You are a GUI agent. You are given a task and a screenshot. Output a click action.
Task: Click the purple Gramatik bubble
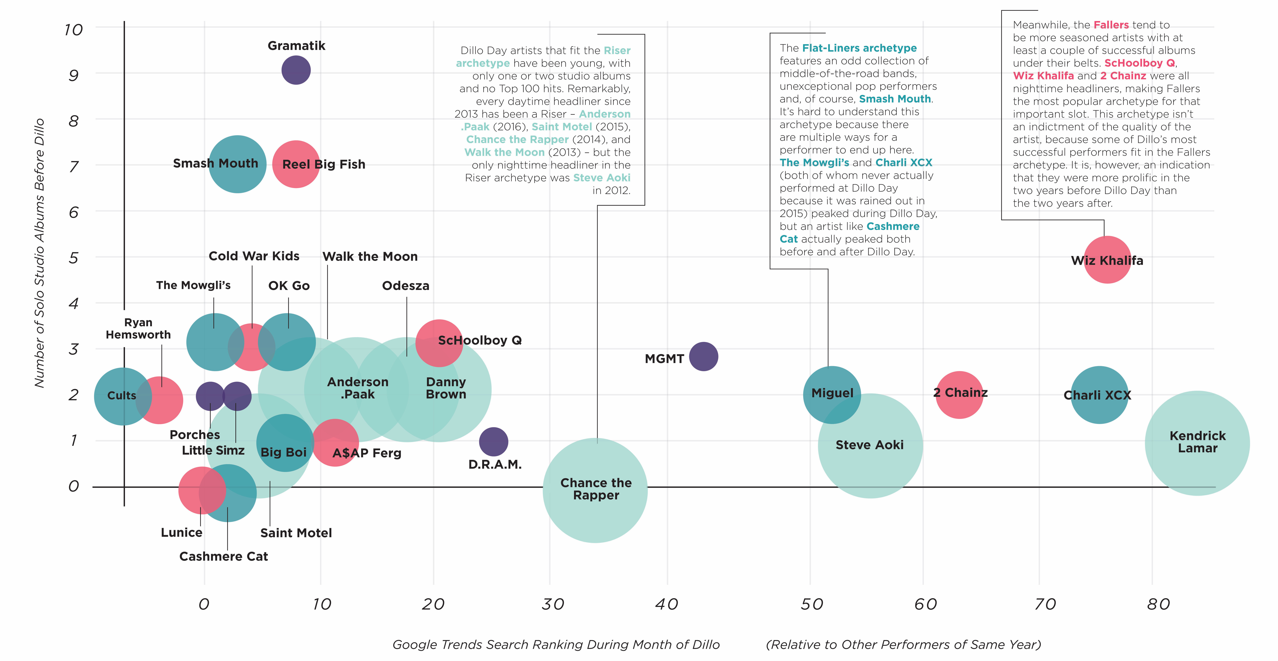[x=296, y=70]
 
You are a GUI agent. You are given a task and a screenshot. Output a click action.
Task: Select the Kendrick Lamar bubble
[x=1197, y=443]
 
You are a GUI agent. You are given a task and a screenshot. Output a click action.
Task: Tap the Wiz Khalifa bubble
[x=1107, y=260]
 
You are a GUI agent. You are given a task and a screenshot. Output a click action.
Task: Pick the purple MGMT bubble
[x=704, y=356]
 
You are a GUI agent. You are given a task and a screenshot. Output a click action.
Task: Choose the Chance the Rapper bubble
[x=595, y=490]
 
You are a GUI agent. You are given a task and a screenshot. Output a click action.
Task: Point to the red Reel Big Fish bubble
[x=296, y=164]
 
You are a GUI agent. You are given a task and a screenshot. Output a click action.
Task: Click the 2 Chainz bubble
[x=960, y=395]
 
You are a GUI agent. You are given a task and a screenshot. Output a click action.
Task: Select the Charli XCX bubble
[x=1099, y=395]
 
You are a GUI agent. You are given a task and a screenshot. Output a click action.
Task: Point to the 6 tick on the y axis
[x=73, y=212]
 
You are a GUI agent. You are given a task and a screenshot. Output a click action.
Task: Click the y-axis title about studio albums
[x=40, y=253]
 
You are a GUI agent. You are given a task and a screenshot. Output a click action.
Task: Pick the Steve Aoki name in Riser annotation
[x=602, y=178]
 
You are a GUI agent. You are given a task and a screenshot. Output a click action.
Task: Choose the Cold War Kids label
[x=254, y=256]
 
